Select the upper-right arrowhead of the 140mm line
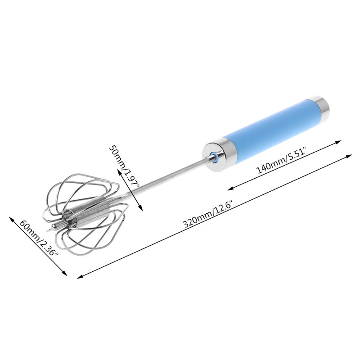338,142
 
